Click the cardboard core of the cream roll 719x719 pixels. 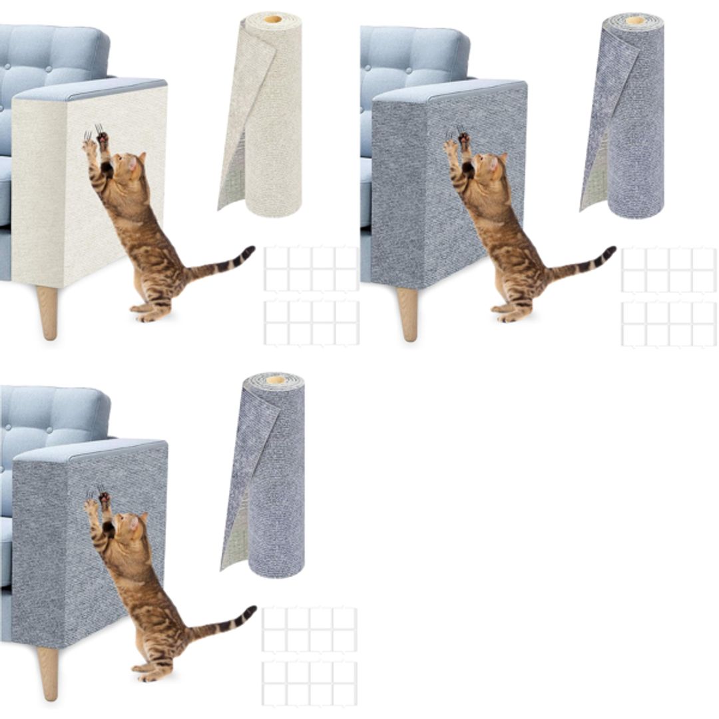(272, 19)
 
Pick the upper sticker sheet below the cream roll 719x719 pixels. (311, 268)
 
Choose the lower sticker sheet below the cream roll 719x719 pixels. (311, 323)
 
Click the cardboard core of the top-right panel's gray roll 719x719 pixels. (634, 20)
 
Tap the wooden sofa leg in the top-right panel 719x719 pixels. (407, 313)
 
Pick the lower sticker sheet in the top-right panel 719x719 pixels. (668, 324)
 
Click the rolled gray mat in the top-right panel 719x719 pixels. (632, 120)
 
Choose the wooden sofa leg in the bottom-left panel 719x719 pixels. (48, 672)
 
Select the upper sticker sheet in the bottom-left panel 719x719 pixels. (309, 629)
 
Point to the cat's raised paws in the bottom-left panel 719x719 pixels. (97, 503)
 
